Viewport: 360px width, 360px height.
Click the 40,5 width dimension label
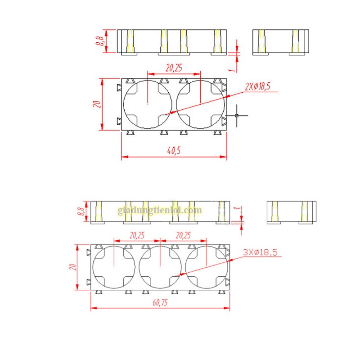click(174, 151)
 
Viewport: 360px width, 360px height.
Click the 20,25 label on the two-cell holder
click(174, 68)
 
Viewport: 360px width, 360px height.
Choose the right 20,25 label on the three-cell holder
click(183, 234)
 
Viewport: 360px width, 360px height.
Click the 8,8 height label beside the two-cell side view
click(100, 41)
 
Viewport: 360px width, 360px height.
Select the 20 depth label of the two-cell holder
click(95, 104)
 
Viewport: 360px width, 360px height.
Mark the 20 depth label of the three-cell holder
click(72, 266)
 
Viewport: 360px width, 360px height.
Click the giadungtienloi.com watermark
click(160, 210)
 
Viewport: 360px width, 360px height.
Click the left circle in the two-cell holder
click(148, 104)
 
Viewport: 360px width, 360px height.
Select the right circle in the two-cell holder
click(200, 104)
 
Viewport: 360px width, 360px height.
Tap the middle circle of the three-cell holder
click(160, 267)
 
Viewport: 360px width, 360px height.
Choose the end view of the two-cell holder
click(281, 41)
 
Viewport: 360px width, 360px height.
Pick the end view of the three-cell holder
click(292, 212)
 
